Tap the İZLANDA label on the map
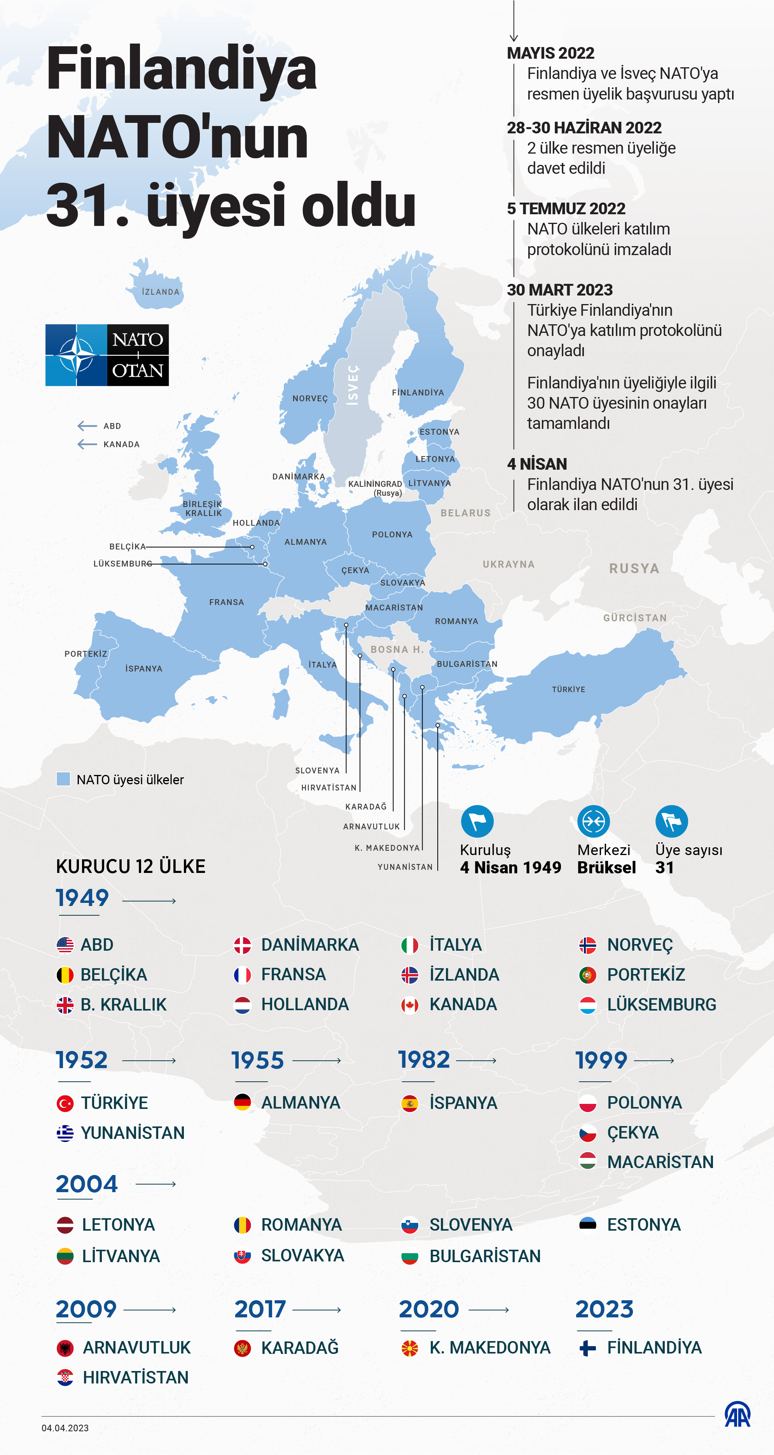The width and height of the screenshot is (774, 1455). [160, 292]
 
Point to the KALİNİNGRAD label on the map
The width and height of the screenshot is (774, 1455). [375, 484]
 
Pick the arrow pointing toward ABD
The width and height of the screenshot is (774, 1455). [87, 426]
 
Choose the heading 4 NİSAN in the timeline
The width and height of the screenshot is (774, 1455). [537, 464]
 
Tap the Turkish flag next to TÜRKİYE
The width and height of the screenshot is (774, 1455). [65, 1103]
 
